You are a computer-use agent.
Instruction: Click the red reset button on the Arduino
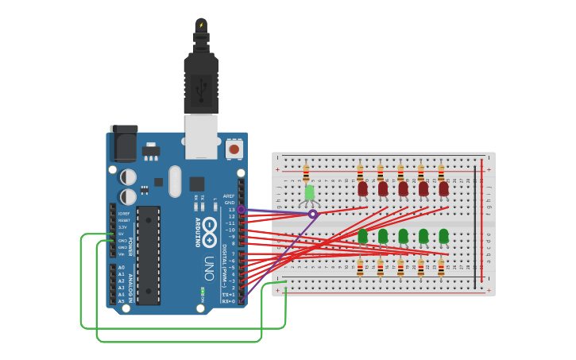pos(234,148)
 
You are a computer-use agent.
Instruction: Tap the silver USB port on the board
pos(201,132)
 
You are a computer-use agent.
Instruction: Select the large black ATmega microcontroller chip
pos(149,255)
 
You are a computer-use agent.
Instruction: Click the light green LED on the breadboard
pos(309,192)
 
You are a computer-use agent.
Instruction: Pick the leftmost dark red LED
pos(362,189)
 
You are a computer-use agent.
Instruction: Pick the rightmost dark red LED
pos(443,189)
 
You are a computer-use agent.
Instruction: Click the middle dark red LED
pos(403,189)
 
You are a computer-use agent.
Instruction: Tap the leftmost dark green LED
pos(362,236)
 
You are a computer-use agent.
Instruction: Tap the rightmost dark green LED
pos(443,236)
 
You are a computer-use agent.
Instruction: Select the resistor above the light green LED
pos(307,172)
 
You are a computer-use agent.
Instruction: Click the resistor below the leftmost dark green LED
pos(360,268)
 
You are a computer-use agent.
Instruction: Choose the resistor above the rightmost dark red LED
pos(441,172)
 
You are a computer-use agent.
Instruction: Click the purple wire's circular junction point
pos(313,214)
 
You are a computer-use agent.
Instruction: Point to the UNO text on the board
pos(209,262)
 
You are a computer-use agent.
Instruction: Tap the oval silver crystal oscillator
pos(175,180)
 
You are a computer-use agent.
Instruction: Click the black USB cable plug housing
pos(201,83)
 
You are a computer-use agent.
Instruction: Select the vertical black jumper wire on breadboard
pos(476,226)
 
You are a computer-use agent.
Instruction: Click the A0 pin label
pos(122,268)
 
